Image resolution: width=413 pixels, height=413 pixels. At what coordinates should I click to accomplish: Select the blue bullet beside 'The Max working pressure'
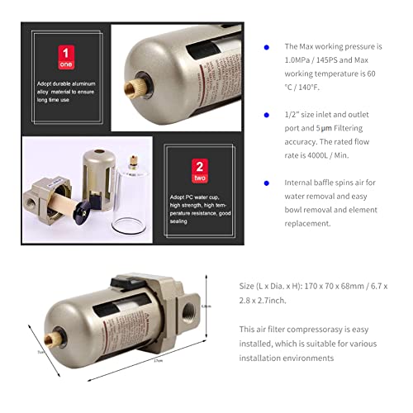[266, 47]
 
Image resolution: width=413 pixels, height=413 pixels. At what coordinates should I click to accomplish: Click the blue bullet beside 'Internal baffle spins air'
[266, 183]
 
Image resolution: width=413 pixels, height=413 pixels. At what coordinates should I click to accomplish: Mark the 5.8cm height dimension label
[207, 306]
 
